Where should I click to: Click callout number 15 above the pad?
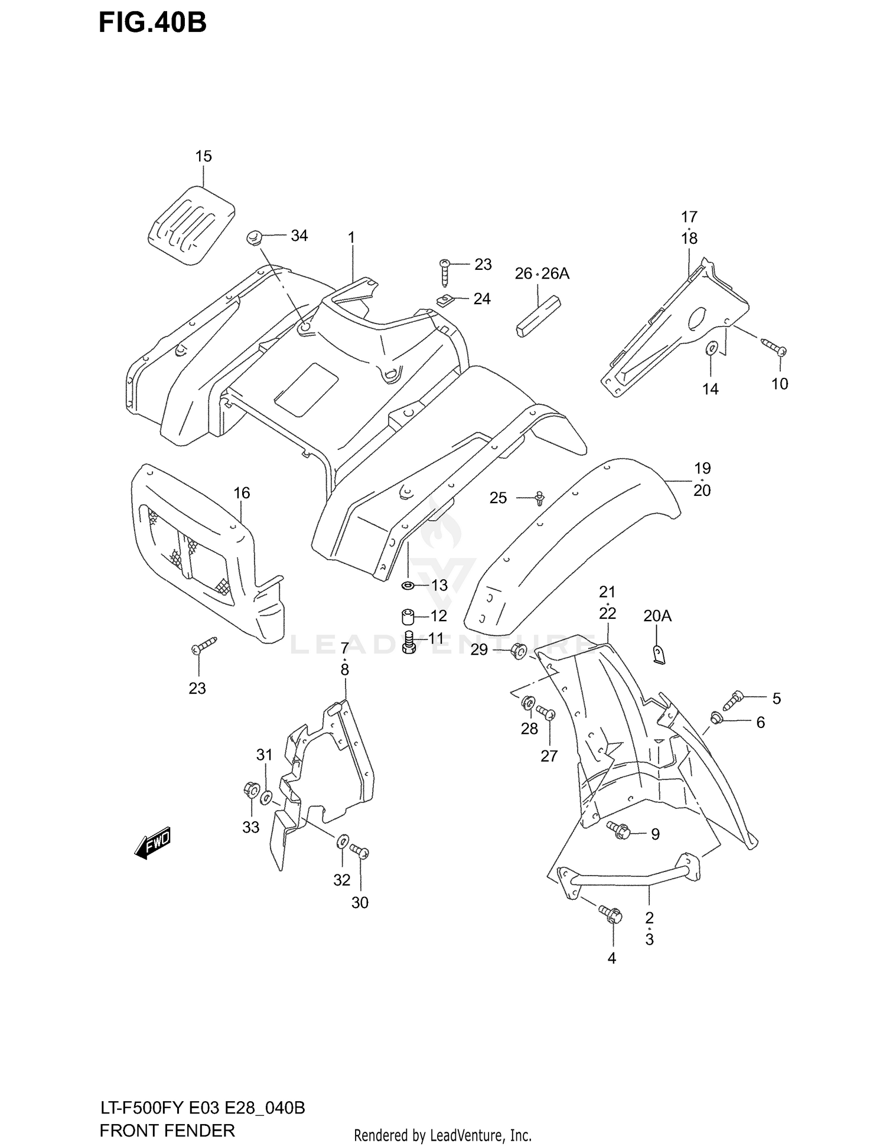click(203, 156)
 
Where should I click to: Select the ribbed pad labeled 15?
click(190, 224)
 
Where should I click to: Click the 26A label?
click(555, 273)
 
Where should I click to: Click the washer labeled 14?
click(711, 349)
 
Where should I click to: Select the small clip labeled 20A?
click(660, 655)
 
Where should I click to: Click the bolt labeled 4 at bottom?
click(610, 915)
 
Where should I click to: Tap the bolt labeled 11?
click(408, 642)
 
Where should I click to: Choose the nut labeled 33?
click(250, 789)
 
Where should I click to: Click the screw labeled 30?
click(359, 851)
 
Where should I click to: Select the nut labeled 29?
click(519, 651)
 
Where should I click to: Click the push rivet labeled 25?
click(539, 498)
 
